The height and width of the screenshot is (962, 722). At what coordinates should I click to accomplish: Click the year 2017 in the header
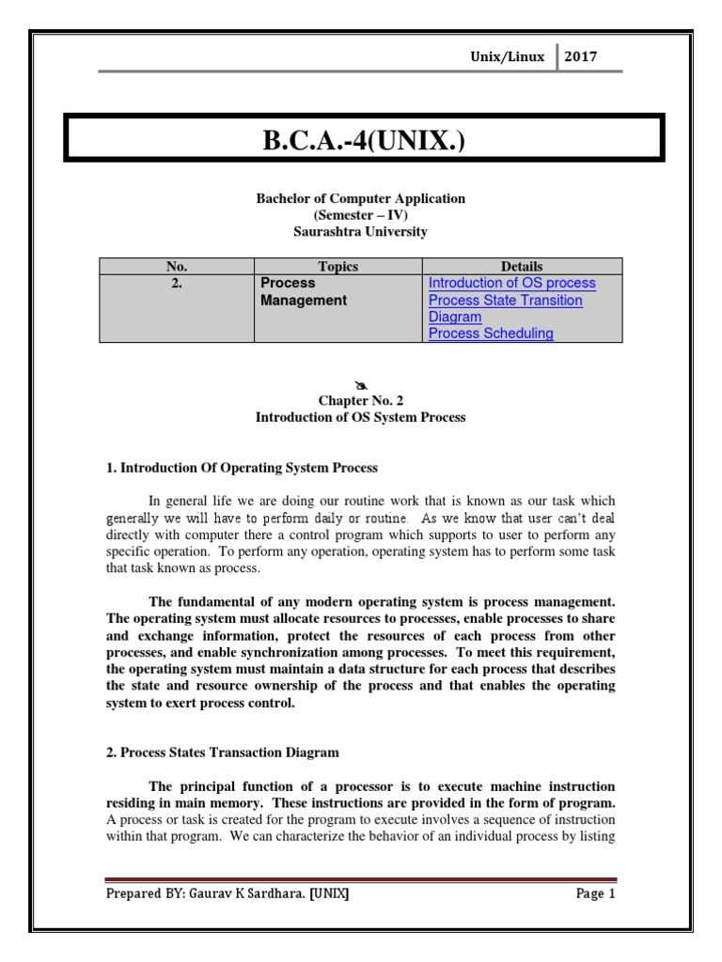click(x=580, y=57)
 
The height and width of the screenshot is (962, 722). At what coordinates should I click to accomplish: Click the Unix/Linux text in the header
click(x=507, y=57)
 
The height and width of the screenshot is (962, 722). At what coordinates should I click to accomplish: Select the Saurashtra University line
click(x=361, y=230)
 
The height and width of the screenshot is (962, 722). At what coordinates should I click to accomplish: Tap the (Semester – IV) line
click(x=361, y=214)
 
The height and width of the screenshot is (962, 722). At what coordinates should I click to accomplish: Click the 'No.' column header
click(x=177, y=267)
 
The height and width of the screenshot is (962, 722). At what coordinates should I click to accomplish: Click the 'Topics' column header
click(x=338, y=267)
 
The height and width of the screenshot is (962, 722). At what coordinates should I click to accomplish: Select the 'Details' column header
click(x=522, y=267)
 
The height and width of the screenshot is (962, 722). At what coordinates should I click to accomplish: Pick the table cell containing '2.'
click(x=177, y=284)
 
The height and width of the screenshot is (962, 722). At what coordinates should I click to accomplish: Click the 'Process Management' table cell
click(x=303, y=292)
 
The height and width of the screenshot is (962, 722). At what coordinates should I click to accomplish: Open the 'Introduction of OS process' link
click(x=511, y=284)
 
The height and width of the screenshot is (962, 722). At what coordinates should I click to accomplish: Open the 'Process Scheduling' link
click(x=491, y=334)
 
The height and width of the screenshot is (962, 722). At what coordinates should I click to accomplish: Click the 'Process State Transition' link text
click(x=505, y=301)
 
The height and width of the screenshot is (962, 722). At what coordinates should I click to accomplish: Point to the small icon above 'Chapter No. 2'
click(x=361, y=385)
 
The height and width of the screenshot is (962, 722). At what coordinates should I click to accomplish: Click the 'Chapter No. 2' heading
click(x=361, y=401)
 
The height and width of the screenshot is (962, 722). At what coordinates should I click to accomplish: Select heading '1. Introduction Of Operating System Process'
click(x=242, y=467)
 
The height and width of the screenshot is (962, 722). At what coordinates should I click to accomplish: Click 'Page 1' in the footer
click(x=595, y=894)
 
